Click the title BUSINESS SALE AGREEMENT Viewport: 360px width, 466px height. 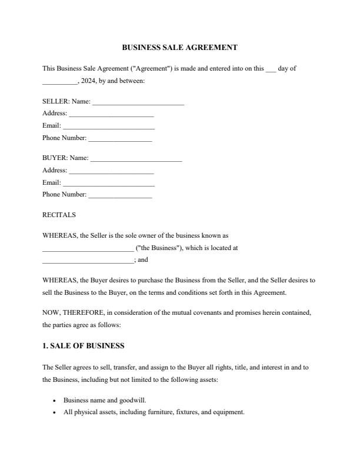click(x=179, y=47)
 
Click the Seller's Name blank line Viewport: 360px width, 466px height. click(x=138, y=103)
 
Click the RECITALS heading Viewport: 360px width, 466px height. click(x=59, y=215)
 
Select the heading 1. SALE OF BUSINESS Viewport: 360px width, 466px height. click(x=83, y=346)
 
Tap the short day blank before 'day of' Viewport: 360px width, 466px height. click(x=271, y=69)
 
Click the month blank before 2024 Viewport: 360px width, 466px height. click(x=59, y=82)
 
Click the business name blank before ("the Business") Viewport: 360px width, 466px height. click(x=88, y=249)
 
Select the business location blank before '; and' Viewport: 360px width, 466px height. click(x=88, y=261)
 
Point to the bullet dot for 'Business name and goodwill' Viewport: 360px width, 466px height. click(x=54, y=401)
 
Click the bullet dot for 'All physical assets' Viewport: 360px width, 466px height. click(x=54, y=412)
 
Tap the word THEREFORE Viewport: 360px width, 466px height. click(x=76, y=313)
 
